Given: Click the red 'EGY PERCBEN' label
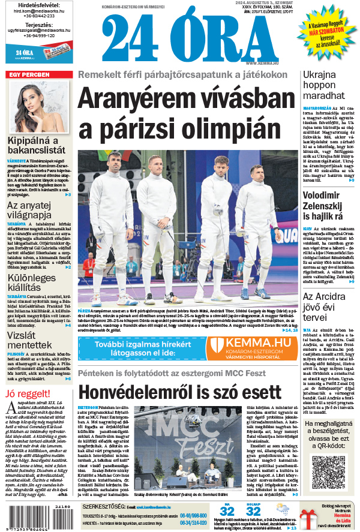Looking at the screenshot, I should pos(29,75).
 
